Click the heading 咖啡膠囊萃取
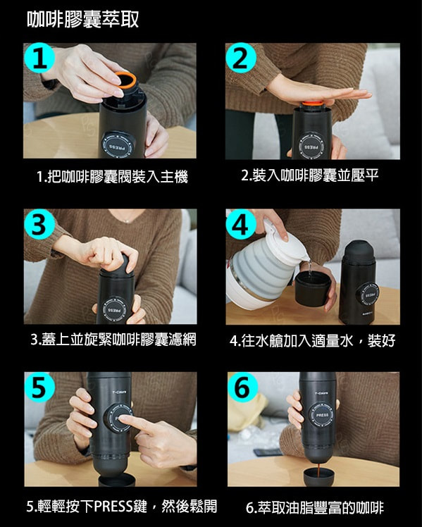82,19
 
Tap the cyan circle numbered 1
39,58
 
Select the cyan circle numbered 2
241,58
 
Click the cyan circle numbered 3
39,224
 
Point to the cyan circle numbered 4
241,224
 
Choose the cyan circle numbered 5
39,387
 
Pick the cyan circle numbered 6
242,387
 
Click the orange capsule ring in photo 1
125,81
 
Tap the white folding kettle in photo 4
266,266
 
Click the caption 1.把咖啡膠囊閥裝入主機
112,176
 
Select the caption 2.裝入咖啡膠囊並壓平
310,175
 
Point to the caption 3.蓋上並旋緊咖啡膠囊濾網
113,340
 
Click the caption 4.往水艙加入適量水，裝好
313,340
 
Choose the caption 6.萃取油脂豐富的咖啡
314,507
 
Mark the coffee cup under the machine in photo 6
319,476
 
